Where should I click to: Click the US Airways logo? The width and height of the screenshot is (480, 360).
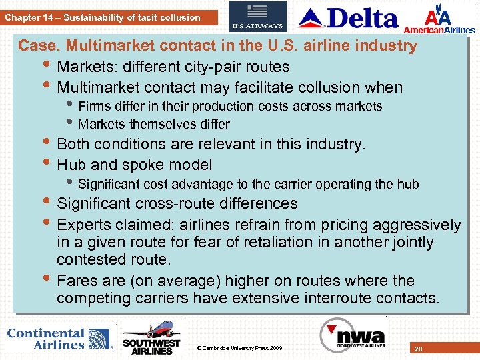[x=257, y=17]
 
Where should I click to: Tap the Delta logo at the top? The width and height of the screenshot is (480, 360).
[x=349, y=18]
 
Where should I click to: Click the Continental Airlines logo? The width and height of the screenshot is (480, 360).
[x=59, y=339]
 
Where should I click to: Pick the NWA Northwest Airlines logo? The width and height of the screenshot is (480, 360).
[x=353, y=335]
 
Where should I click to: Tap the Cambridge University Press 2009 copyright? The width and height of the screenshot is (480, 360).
[x=240, y=348]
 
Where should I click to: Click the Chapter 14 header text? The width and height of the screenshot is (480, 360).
[x=103, y=17]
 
